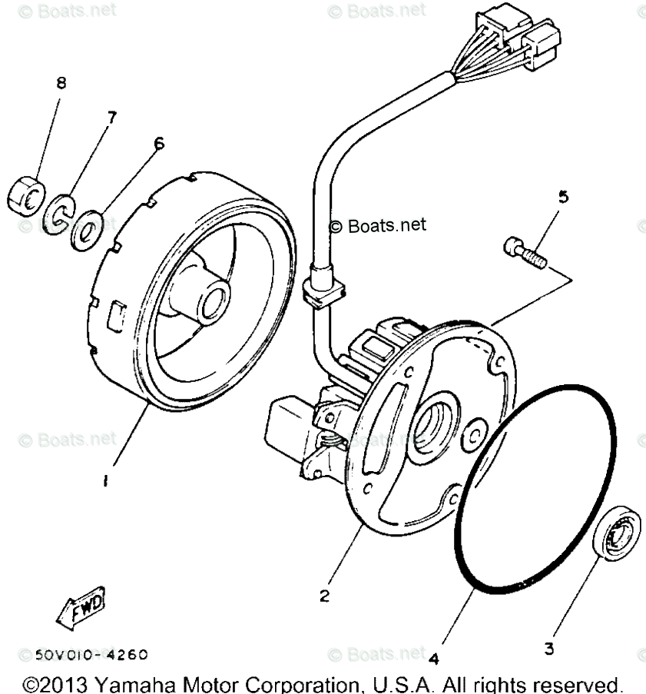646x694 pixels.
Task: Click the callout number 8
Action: point(61,83)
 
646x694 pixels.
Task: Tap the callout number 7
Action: point(111,117)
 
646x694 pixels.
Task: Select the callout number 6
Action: point(159,143)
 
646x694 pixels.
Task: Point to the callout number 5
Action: point(563,198)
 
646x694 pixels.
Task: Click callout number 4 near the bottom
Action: point(434,658)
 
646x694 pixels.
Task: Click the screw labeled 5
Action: point(525,253)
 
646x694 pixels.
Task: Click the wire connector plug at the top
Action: point(522,35)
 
